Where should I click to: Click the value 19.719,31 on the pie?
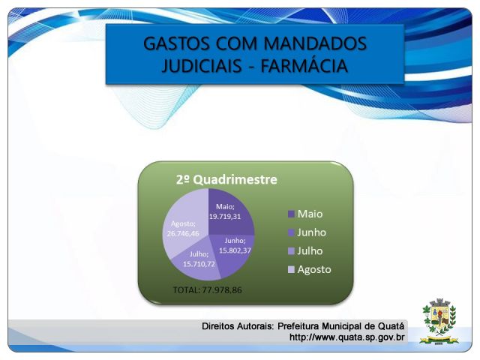[225, 217]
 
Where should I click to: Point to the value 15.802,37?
[235, 250]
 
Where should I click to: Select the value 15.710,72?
[199, 264]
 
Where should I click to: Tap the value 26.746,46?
[183, 233]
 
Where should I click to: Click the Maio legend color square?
[291, 214]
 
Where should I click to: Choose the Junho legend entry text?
[312, 232]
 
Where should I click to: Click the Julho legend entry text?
[310, 251]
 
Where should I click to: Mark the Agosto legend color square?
[291, 269]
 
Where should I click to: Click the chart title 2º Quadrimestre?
[226, 179]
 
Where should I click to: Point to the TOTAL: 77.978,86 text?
[207, 290]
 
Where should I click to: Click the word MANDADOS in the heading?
[315, 43]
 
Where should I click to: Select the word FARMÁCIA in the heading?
[304, 66]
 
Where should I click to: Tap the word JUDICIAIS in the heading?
[202, 66]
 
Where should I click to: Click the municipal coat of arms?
[439, 321]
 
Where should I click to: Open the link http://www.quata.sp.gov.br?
[346, 337]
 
